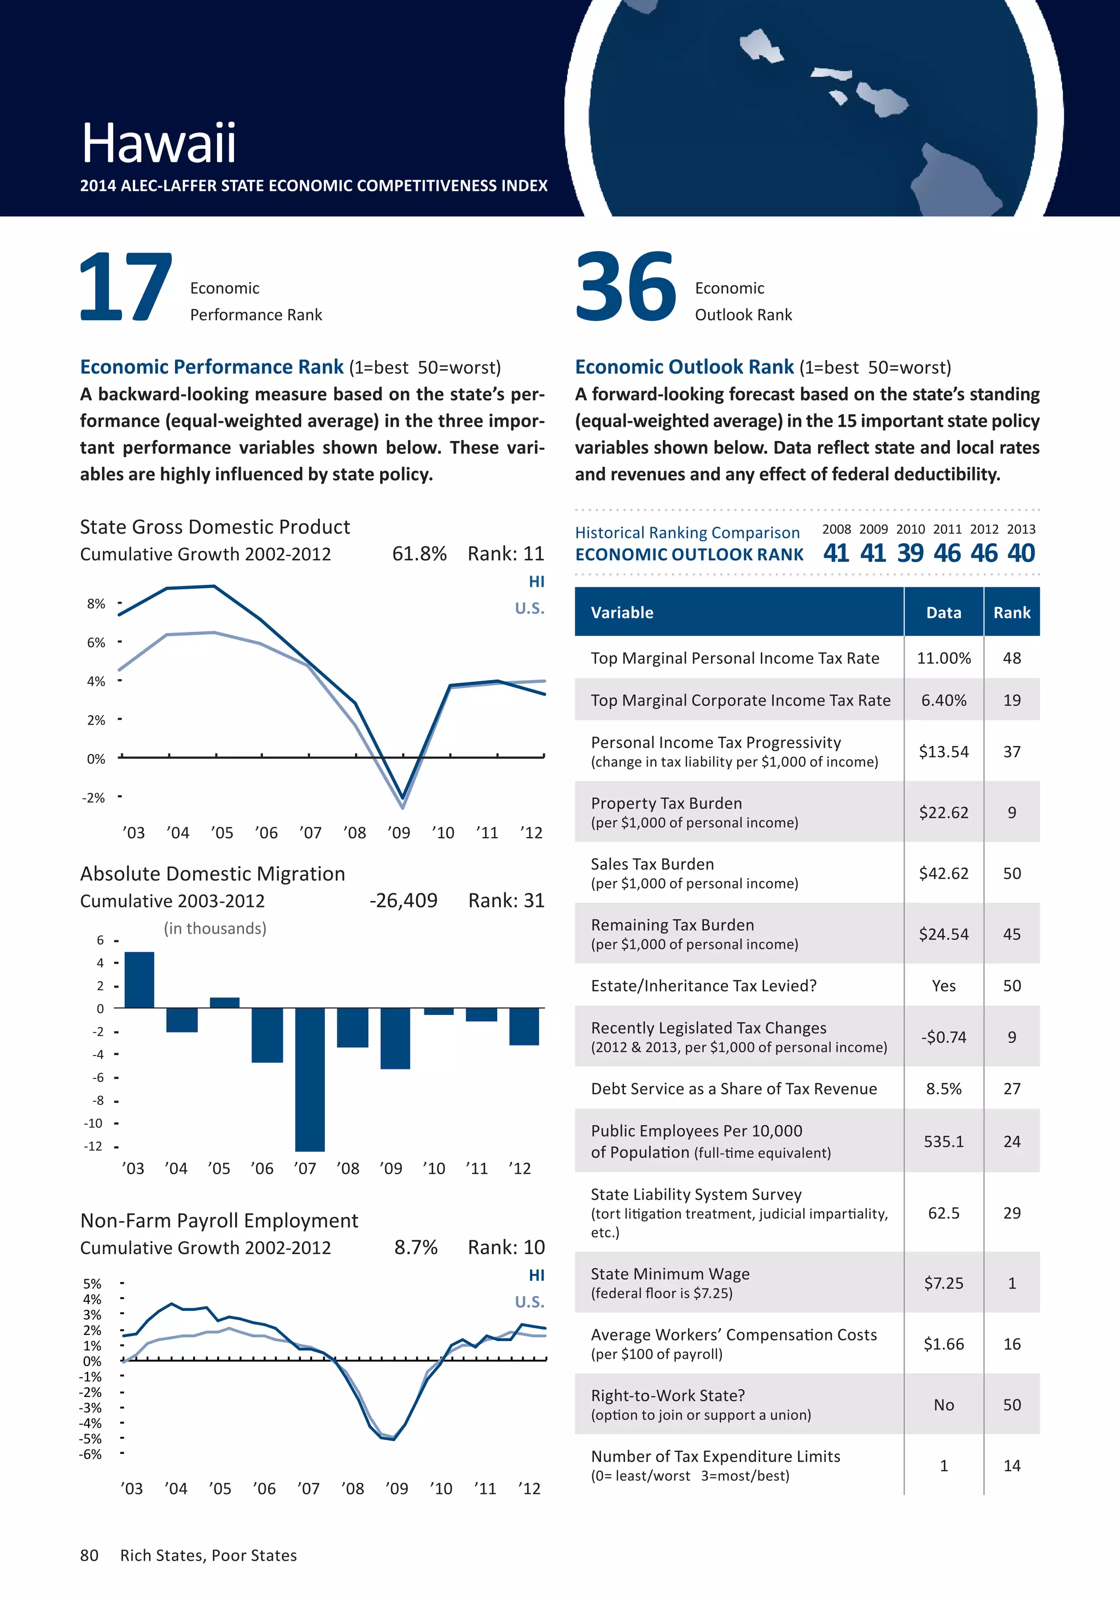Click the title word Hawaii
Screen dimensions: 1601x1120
(x=159, y=144)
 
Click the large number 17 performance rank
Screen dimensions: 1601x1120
(x=125, y=287)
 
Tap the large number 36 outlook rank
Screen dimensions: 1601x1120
(x=625, y=287)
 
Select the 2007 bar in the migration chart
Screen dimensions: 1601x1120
(x=310, y=1078)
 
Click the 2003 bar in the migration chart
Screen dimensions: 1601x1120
(x=139, y=980)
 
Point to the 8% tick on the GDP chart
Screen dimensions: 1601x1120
(x=96, y=604)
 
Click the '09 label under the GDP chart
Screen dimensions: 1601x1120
(x=399, y=833)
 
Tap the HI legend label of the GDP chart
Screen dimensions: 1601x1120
(x=536, y=582)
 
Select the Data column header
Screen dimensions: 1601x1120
(x=944, y=612)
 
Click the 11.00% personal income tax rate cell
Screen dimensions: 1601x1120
(x=944, y=658)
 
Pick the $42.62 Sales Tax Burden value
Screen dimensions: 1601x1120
(x=944, y=873)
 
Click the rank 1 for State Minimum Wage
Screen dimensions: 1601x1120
(x=1011, y=1283)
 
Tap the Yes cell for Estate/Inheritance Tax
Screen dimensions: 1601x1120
(x=944, y=985)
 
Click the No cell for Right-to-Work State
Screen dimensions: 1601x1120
(x=944, y=1405)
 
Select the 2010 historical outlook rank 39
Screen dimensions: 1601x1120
(x=910, y=553)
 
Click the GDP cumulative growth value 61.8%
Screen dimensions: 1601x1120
(x=419, y=554)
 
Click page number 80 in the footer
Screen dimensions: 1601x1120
(x=89, y=1555)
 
